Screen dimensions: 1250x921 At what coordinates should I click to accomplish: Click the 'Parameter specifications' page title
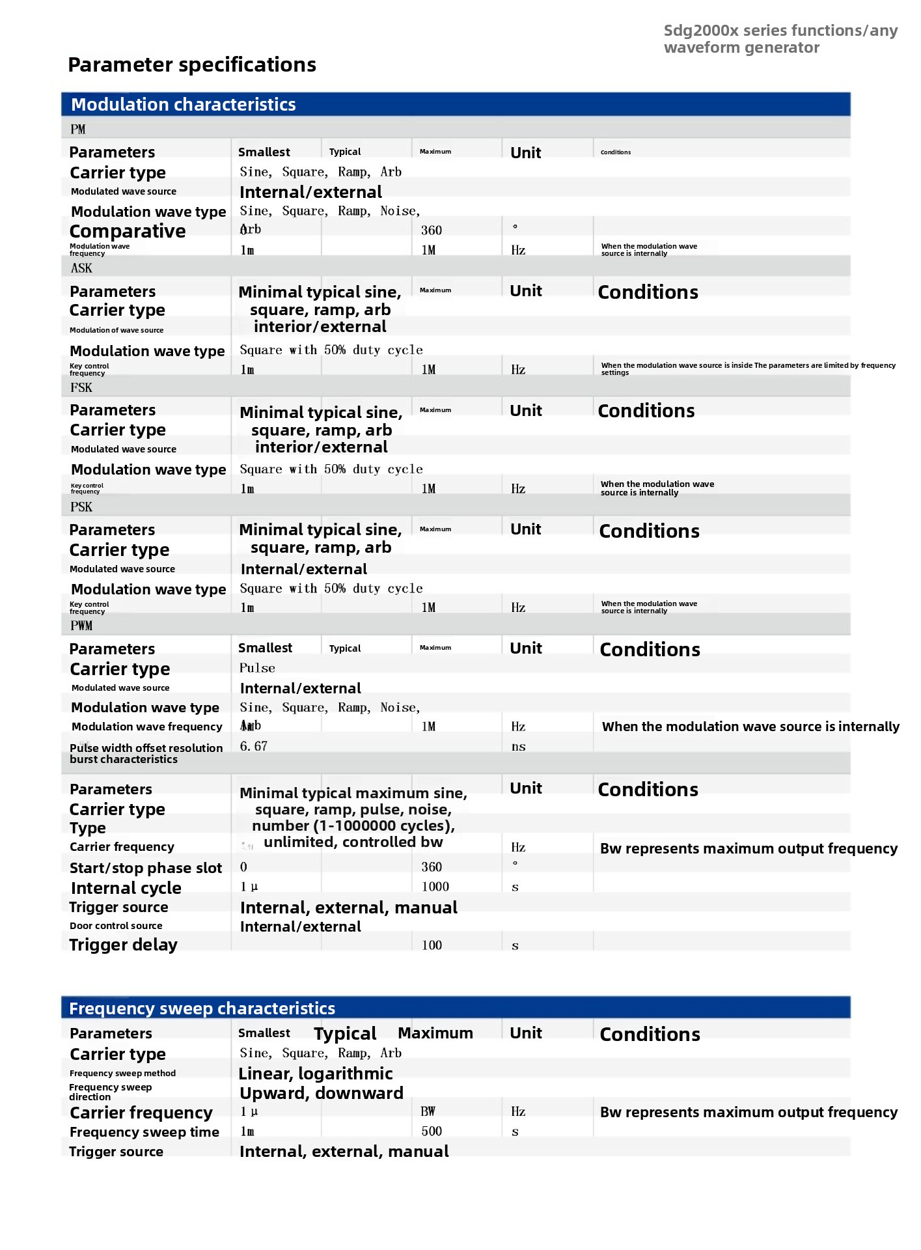tap(192, 64)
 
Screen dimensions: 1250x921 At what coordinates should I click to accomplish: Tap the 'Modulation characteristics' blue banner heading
tap(183, 104)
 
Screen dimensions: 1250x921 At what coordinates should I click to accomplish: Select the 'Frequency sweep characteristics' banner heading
tap(202, 1008)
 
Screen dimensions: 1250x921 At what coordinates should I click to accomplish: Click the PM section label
tap(78, 129)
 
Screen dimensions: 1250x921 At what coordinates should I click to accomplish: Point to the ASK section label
tap(81, 268)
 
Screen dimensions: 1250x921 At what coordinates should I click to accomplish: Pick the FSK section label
tap(81, 387)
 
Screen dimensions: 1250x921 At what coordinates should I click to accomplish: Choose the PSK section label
tap(81, 507)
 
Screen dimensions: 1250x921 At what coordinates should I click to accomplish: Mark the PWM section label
tap(81, 626)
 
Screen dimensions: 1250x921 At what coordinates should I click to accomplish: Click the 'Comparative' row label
tap(128, 231)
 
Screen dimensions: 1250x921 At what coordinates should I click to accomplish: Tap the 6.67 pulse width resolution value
tap(254, 746)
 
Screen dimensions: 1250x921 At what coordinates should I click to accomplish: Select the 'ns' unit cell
tap(518, 747)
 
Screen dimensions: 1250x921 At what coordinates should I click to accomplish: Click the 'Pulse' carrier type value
tap(257, 668)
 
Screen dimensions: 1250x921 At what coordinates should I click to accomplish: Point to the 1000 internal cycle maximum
tap(435, 887)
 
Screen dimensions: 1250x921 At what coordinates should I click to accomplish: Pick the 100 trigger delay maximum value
tap(432, 945)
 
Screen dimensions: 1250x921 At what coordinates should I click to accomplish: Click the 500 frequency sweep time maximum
tap(432, 1132)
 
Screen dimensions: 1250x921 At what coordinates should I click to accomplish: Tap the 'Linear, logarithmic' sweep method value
tap(316, 1074)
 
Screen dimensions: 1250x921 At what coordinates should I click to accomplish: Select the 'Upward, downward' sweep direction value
tap(322, 1093)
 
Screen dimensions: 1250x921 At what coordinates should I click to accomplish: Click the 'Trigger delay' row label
tap(123, 945)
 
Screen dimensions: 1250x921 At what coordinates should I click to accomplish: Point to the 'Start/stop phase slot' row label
tap(146, 868)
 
